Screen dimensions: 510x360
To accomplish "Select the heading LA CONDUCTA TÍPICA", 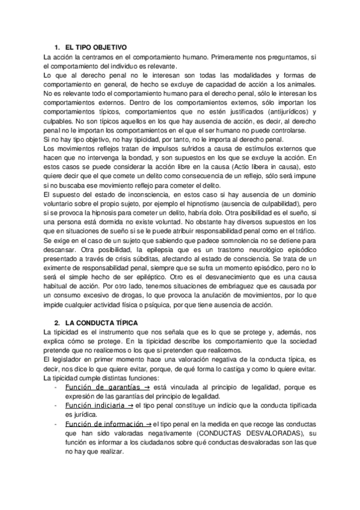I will click(x=102, y=322).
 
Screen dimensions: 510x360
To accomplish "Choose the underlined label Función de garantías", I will click(x=99, y=387).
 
